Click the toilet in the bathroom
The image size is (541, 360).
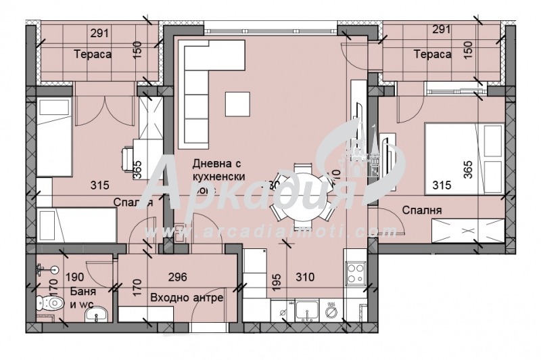pos(51,305)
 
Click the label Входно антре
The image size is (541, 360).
pos(187,298)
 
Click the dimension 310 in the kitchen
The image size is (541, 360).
pos(306,277)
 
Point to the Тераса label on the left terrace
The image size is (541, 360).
pos(93,54)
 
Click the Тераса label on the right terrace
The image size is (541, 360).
pos(433,54)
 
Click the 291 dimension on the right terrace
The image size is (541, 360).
pos(441,30)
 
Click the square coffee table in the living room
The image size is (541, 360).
pos(238,104)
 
